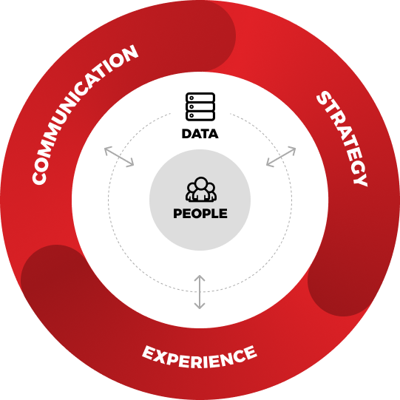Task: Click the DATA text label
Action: point(200,134)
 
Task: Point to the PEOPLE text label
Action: point(200,214)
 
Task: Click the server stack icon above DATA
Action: point(200,106)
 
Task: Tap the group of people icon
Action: point(201,189)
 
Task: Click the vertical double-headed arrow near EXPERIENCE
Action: point(200,292)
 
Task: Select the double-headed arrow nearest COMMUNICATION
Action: point(119,157)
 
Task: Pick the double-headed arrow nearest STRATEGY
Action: point(281,157)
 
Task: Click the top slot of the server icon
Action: point(200,98)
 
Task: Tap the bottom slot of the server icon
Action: point(200,115)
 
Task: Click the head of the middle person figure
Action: point(201,183)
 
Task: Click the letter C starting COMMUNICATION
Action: point(38,177)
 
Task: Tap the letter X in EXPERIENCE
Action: point(160,355)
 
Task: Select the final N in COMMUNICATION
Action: point(129,53)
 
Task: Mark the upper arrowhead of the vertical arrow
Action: point(200,277)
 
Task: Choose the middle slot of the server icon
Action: point(200,106)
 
